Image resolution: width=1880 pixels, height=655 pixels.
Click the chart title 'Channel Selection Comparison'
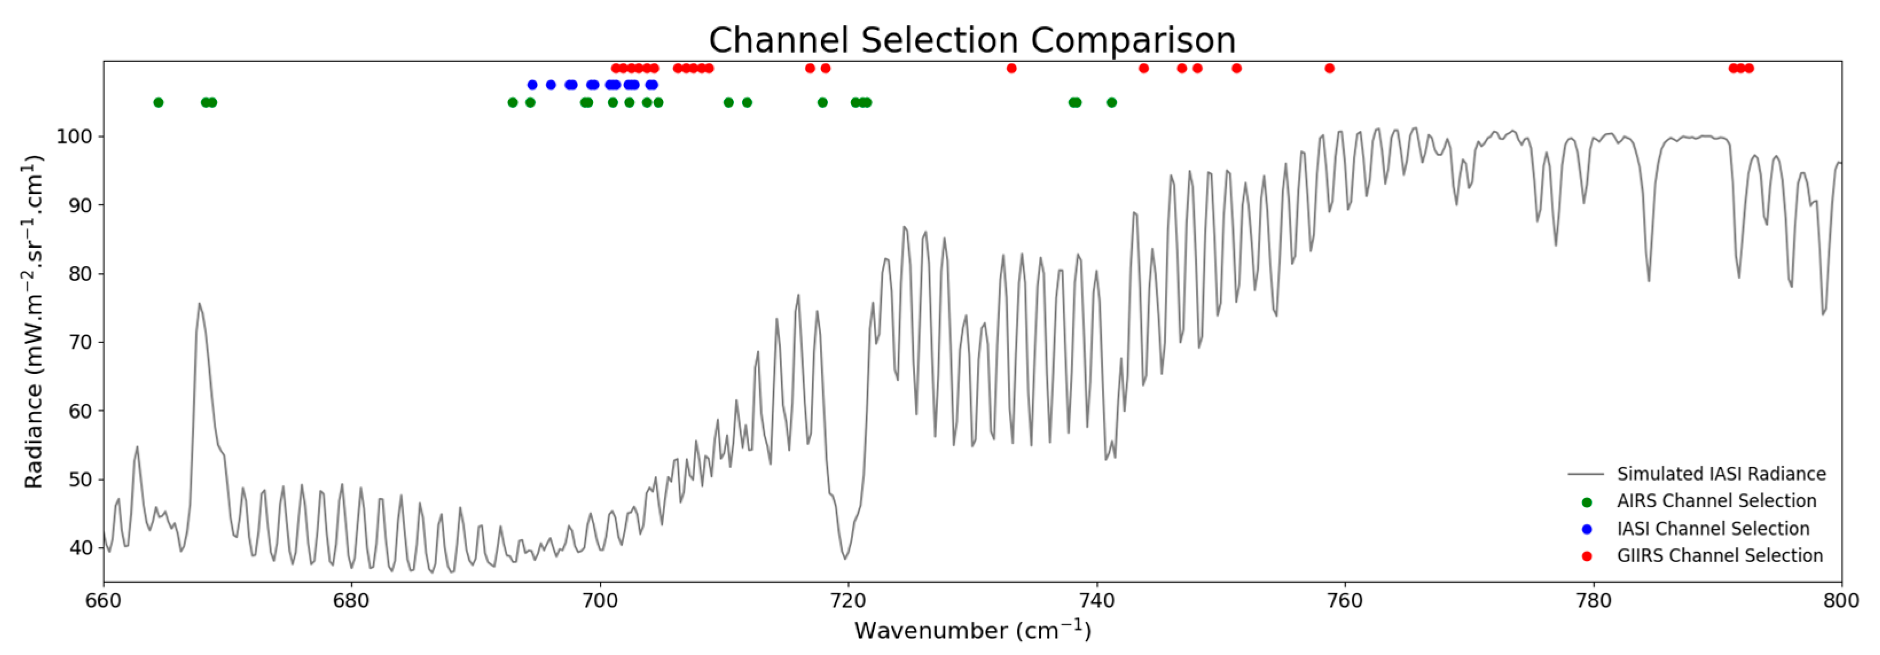pos(972,40)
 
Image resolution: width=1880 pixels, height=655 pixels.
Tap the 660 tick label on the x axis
pos(104,601)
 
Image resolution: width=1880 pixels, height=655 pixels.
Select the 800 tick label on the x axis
pos(1841,601)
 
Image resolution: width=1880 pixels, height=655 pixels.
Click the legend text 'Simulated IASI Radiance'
pos(1721,474)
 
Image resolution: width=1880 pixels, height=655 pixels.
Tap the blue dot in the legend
pos(1586,529)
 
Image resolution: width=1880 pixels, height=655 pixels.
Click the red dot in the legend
pos(1586,556)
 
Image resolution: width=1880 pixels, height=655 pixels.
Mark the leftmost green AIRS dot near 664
pos(158,102)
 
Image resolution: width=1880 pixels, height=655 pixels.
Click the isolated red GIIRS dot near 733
pos(1011,69)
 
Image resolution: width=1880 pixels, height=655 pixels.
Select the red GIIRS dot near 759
pos(1330,69)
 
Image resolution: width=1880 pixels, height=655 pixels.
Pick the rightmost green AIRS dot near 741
pos(1112,102)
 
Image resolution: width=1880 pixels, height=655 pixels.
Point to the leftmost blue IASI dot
pos(532,85)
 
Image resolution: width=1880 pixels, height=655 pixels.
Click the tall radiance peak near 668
pos(199,304)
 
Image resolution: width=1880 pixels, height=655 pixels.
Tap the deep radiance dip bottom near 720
pos(845,559)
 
